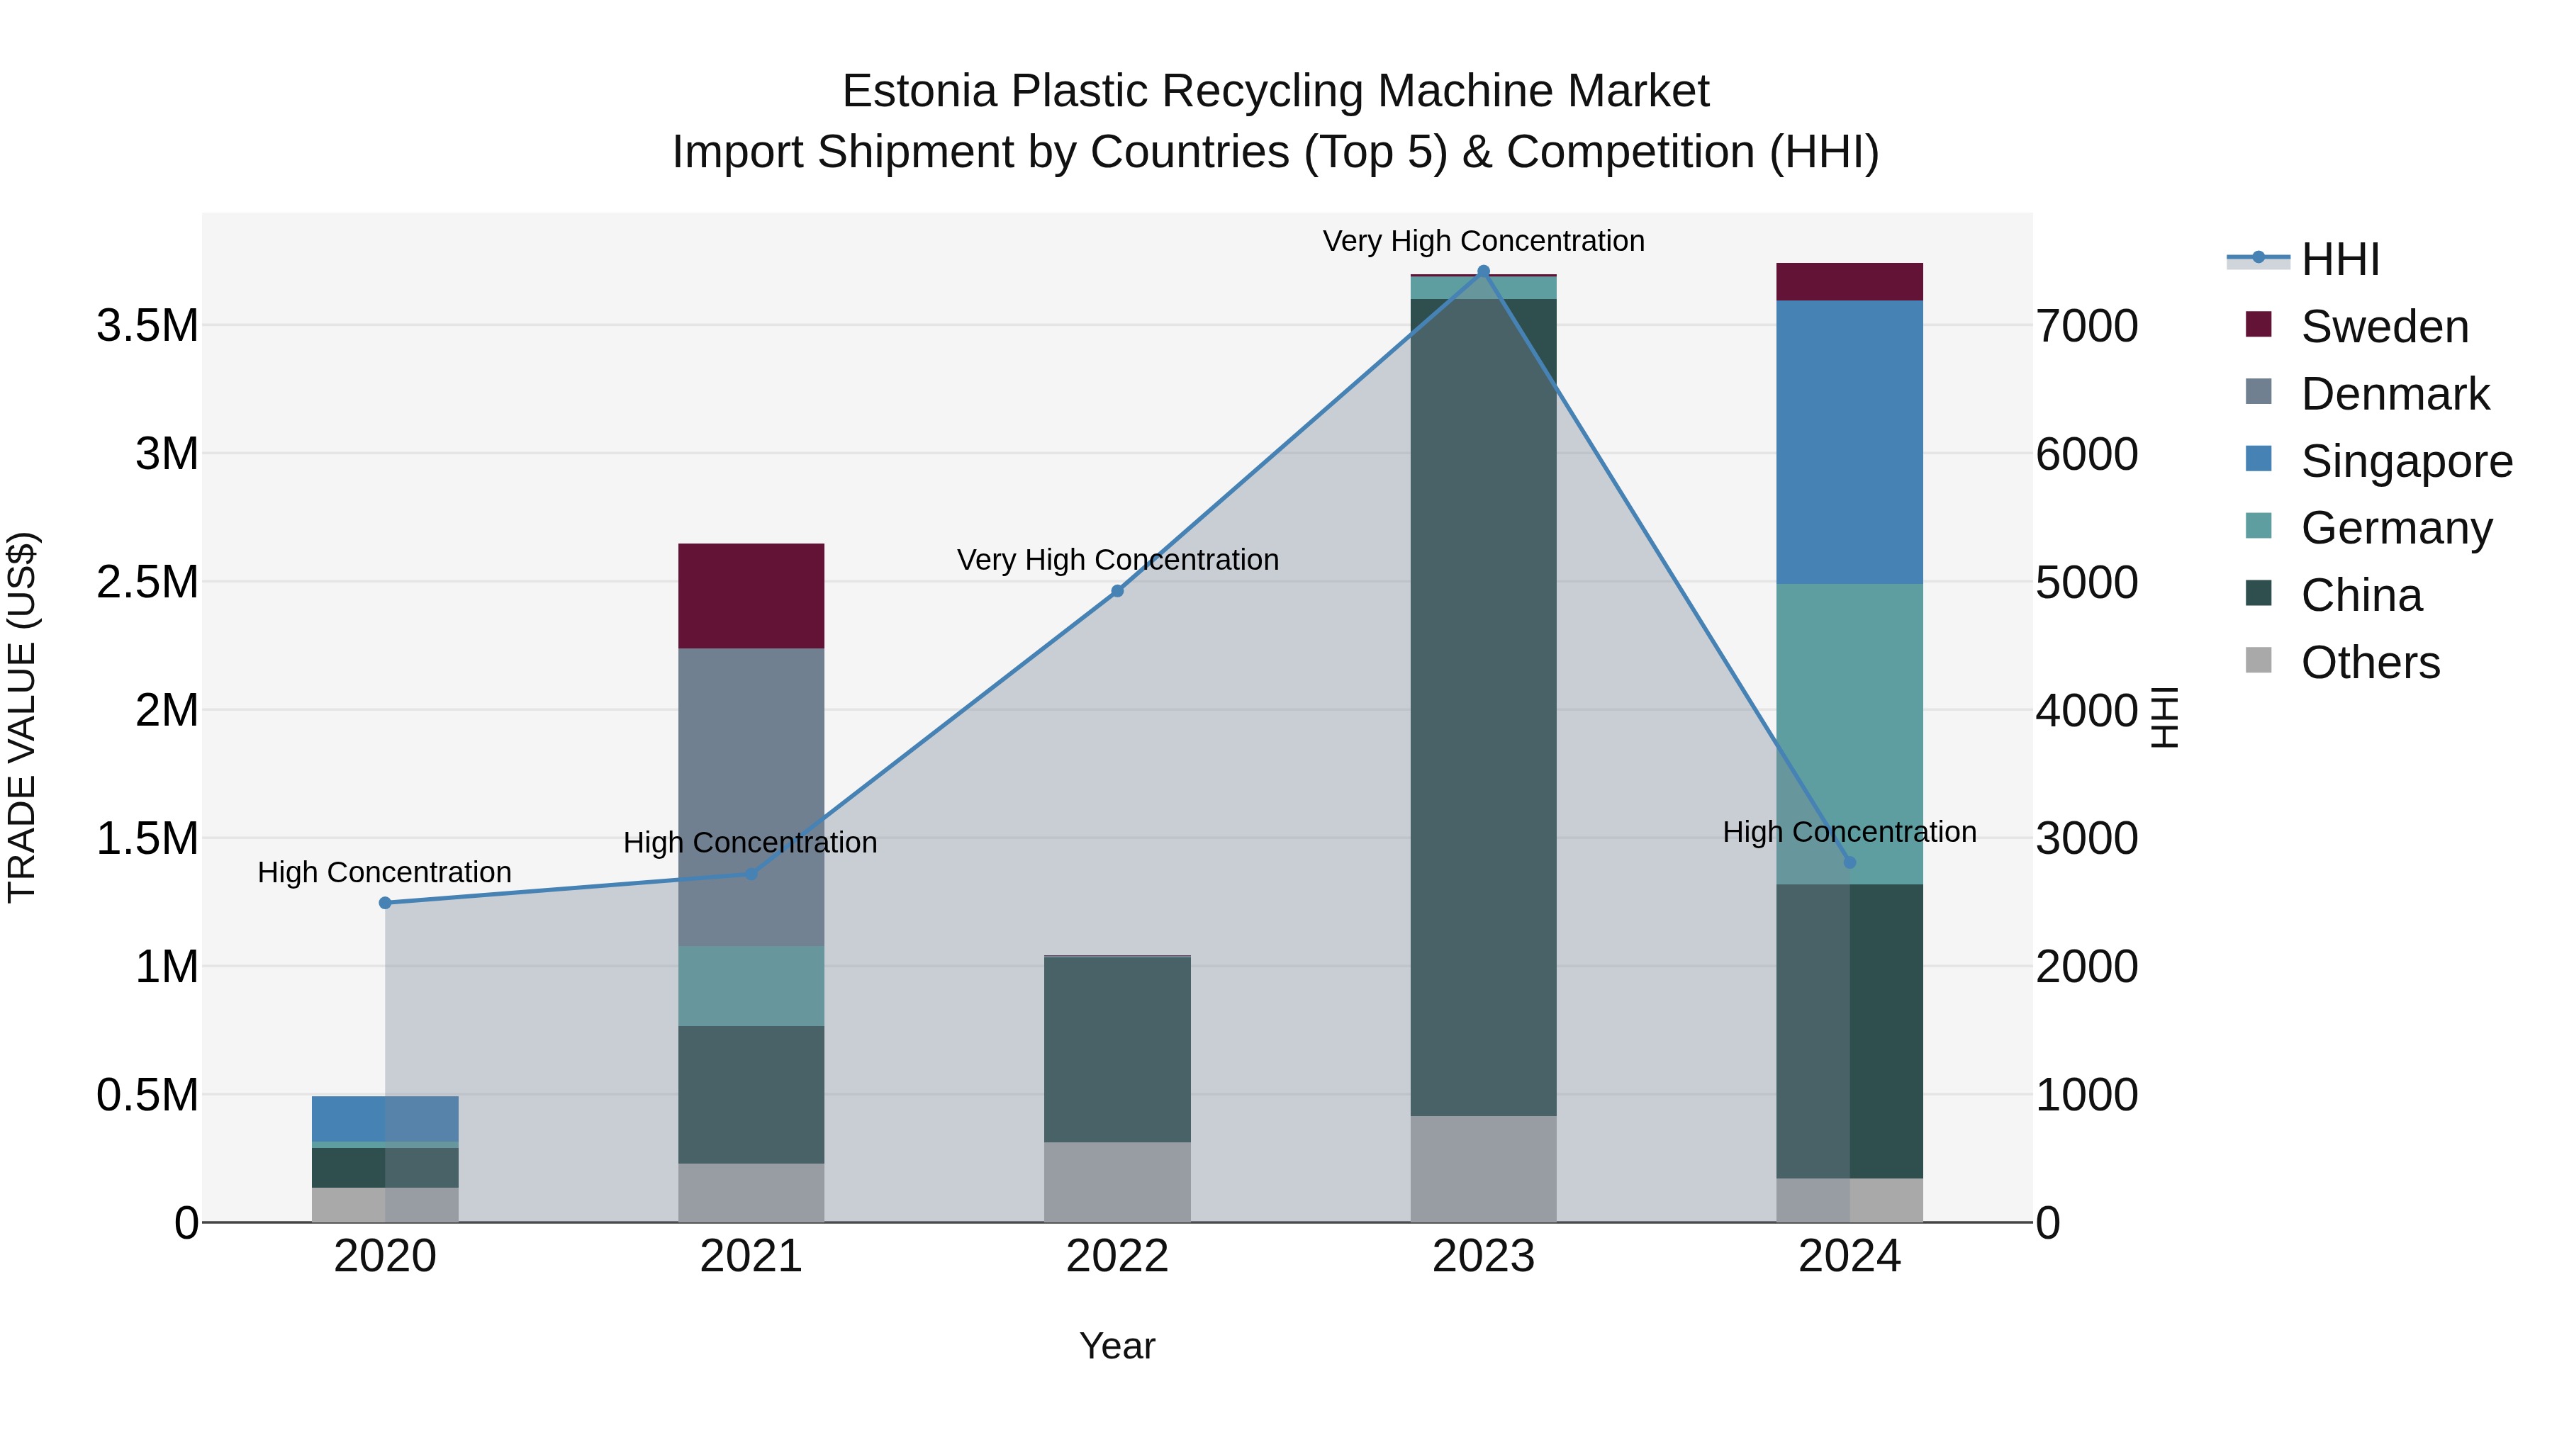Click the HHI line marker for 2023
1483,271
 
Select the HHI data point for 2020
386,902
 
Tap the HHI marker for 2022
1117,591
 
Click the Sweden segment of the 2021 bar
751,596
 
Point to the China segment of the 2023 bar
1483,707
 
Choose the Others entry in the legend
2370,663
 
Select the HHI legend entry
2339,259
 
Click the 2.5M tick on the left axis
147,583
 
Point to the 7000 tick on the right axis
2086,326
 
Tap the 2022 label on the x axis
1117,1256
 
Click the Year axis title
1117,1346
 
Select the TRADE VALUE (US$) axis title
23,717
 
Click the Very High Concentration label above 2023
1483,241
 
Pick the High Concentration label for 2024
1849,832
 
